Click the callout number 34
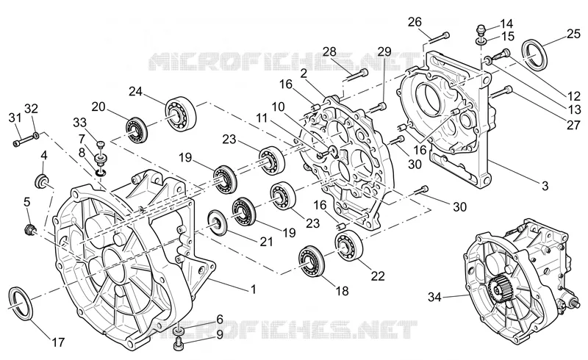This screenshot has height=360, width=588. pos(435,298)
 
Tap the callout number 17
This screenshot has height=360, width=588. pos(58,342)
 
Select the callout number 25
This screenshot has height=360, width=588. pos(573,34)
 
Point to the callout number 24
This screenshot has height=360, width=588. pos(136,91)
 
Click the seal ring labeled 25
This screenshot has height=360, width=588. pos(535,54)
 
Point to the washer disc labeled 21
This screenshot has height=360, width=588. pos(218,223)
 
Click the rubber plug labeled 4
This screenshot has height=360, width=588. pos(43,181)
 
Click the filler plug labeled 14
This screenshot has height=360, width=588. pos(482,29)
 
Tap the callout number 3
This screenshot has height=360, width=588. pos(545,186)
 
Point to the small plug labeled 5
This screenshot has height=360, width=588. pos(29,229)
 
